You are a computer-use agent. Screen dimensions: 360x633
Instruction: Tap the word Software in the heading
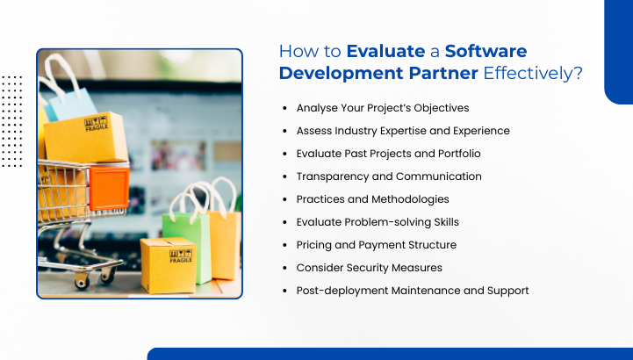pyautogui.click(x=486, y=51)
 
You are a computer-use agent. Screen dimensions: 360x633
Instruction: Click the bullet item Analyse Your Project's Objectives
pyautogui.click(x=382, y=108)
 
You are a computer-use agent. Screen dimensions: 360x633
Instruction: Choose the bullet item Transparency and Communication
pyautogui.click(x=388, y=176)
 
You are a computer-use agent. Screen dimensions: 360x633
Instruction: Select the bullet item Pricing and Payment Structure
pyautogui.click(x=376, y=245)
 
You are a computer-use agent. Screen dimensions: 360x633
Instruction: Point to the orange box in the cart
pyautogui.click(x=109, y=188)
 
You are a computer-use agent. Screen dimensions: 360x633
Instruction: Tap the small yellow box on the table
pyautogui.click(x=169, y=264)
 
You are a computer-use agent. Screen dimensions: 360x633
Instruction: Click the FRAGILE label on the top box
pyautogui.click(x=97, y=125)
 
